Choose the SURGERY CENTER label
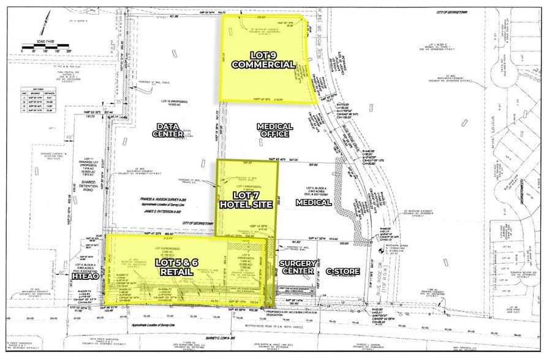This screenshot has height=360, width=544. click(x=297, y=268)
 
